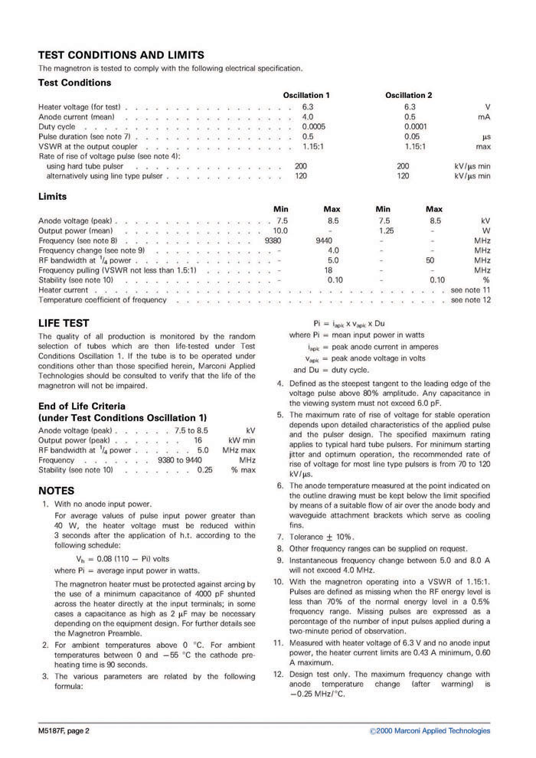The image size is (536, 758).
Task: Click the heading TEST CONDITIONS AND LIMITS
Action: click(x=121, y=54)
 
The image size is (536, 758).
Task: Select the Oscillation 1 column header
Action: click(x=306, y=95)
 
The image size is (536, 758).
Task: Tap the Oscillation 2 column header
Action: click(x=409, y=95)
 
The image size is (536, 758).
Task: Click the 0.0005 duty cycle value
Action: click(x=313, y=126)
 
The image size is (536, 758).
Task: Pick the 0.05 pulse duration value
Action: click(x=411, y=136)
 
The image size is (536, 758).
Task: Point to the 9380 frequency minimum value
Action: click(x=273, y=240)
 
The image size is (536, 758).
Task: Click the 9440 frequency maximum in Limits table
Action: click(x=324, y=240)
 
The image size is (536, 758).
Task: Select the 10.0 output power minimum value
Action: click(x=280, y=230)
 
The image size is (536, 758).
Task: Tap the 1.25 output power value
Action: click(x=385, y=230)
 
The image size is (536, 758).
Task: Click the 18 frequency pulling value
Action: click(x=328, y=270)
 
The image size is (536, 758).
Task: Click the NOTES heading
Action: click(x=56, y=490)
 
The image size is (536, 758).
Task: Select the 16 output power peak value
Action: click(x=198, y=441)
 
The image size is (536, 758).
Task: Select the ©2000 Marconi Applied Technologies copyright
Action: click(x=430, y=730)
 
